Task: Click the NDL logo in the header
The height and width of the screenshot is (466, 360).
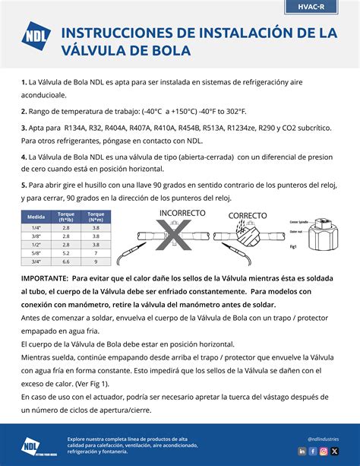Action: click(x=34, y=43)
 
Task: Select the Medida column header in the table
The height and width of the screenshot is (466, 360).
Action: click(x=36, y=216)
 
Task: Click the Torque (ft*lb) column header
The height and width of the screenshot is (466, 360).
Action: click(x=66, y=216)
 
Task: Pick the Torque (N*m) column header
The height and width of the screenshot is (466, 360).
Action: click(x=96, y=216)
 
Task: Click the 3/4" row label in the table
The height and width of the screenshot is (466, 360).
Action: click(x=36, y=261)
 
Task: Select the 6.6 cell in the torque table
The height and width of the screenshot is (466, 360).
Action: click(x=66, y=261)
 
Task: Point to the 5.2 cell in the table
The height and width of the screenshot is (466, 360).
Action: click(x=66, y=252)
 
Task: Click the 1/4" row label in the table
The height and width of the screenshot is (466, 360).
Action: click(x=36, y=227)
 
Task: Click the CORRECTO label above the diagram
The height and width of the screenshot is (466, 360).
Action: click(x=247, y=215)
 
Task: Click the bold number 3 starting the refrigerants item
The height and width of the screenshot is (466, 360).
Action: click(x=24, y=128)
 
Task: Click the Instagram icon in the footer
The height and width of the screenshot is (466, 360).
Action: click(x=324, y=451)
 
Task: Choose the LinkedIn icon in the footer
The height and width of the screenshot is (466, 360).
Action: click(x=302, y=451)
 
